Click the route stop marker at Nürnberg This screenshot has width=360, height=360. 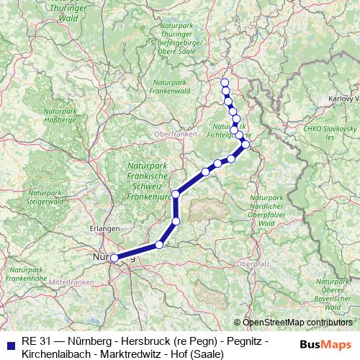tap(114, 258)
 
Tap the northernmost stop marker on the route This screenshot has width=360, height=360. tap(225, 82)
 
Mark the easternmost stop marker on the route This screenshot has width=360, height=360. tap(246, 145)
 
